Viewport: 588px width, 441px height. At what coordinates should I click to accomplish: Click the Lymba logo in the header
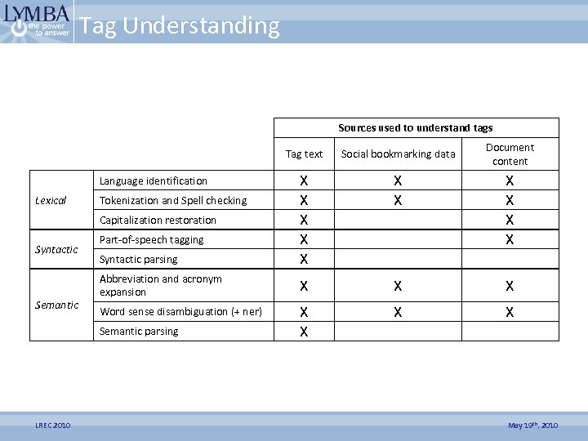click(x=38, y=22)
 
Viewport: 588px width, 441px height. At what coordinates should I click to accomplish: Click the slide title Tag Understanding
click(x=180, y=26)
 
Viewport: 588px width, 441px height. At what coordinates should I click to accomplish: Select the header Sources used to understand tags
click(x=416, y=127)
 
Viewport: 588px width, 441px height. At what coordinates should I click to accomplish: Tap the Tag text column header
click(x=304, y=154)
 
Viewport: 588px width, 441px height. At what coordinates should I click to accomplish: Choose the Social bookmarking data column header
click(x=398, y=154)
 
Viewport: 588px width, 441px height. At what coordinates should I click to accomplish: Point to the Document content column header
click(x=510, y=154)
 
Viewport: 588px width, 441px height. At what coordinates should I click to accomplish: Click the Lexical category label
click(x=51, y=200)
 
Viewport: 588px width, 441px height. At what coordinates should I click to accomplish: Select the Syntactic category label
click(x=56, y=249)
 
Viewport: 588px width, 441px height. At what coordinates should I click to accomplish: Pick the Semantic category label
click(x=57, y=305)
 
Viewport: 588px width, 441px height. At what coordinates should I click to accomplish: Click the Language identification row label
click(x=154, y=180)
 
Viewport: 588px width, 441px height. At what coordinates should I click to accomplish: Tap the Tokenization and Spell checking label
click(x=173, y=200)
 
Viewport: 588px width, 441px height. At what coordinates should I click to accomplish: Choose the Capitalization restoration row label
click(x=158, y=220)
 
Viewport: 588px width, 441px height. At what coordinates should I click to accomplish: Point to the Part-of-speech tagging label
click(x=151, y=239)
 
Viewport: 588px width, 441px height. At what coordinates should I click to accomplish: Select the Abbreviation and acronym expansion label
click(x=161, y=285)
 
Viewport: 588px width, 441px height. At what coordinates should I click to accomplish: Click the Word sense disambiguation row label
click(x=180, y=311)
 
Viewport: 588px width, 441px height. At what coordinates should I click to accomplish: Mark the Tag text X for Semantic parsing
click(x=304, y=332)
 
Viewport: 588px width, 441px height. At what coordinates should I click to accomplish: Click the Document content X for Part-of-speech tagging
click(x=510, y=239)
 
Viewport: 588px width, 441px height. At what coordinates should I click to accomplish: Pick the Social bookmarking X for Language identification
click(x=398, y=180)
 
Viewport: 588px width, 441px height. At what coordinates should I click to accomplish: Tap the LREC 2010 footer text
click(x=53, y=425)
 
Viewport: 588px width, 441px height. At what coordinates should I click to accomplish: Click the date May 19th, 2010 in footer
click(x=532, y=425)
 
